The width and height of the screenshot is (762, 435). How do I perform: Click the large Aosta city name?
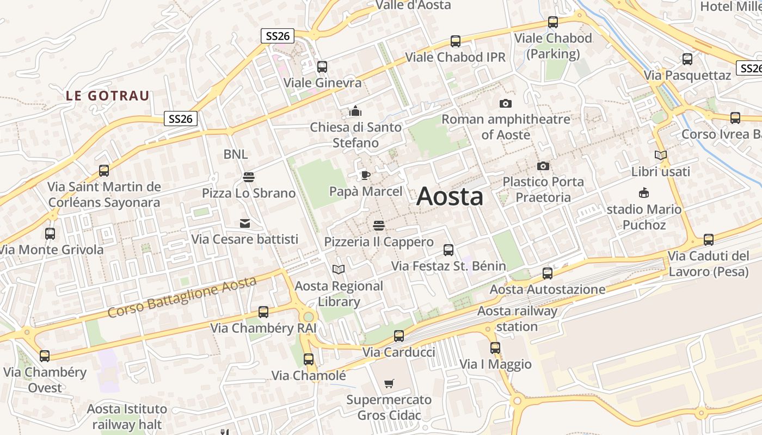pos(450,196)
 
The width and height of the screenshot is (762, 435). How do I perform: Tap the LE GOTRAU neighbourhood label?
pos(108,96)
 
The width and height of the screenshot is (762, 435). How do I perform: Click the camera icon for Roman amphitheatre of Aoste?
pos(506,103)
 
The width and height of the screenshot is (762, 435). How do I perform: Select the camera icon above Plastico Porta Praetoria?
pos(543,166)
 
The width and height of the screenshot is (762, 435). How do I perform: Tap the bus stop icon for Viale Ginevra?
pos(322,67)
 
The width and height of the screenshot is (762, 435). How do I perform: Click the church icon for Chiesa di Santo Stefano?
pos(355,111)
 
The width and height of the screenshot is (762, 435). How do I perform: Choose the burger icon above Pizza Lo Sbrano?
pos(249,177)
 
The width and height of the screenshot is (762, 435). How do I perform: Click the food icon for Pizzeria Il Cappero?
pos(379,225)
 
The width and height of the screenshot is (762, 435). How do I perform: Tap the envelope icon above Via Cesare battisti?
pos(244,223)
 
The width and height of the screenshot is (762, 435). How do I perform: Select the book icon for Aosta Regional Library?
pos(339,269)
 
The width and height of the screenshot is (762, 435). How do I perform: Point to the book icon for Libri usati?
pos(661,156)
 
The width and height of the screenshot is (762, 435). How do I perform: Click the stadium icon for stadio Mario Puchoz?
pos(644,192)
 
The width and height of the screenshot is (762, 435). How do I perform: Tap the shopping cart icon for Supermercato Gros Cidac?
pos(389,384)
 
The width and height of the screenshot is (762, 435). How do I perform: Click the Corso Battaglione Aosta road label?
pos(182,297)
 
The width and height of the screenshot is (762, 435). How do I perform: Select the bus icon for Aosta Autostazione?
pos(548,273)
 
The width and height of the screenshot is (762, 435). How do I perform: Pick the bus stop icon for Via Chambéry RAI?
pos(263,312)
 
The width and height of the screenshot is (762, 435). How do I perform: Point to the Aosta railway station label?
pos(517,319)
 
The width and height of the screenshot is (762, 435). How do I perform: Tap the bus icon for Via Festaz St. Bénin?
pos(448,250)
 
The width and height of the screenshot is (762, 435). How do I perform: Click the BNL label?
pos(236,154)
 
